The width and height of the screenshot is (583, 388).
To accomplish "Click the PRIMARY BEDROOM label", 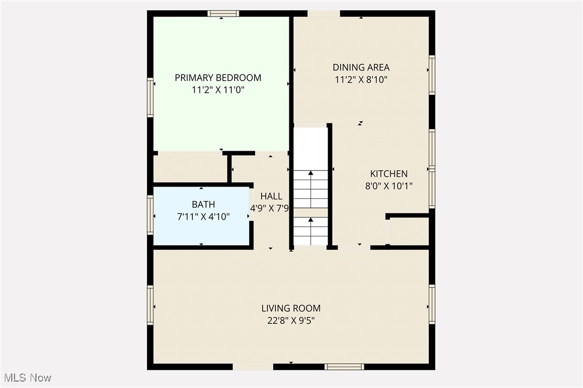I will pyautogui.click(x=218, y=78).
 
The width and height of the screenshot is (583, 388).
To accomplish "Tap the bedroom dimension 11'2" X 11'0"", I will pyautogui.click(x=218, y=91).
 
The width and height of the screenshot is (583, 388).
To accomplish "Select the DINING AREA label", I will pyautogui.click(x=361, y=68).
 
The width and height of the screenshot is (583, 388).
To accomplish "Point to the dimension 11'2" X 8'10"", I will pyautogui.click(x=361, y=80).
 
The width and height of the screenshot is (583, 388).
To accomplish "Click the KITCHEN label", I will pyautogui.click(x=389, y=174).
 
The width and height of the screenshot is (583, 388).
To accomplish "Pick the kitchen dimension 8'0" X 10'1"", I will pyautogui.click(x=389, y=186).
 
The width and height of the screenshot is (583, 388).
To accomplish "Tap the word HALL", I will pyautogui.click(x=271, y=196).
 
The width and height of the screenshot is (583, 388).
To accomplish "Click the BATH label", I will pyautogui.click(x=203, y=204).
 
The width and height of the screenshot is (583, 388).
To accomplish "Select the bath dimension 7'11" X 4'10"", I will pyautogui.click(x=203, y=217).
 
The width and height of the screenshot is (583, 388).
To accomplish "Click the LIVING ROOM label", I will pyautogui.click(x=291, y=308).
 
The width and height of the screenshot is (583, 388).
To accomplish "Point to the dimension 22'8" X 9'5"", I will pyautogui.click(x=291, y=321).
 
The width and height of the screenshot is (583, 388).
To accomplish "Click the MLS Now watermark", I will pyautogui.click(x=26, y=378).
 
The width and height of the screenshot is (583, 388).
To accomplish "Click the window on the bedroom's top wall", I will pyautogui.click(x=223, y=14).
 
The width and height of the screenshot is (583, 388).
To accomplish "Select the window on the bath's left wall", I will pyautogui.click(x=151, y=215).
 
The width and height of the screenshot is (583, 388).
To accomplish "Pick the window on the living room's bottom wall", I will pyautogui.click(x=344, y=367).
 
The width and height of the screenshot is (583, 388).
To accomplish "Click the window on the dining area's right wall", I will pyautogui.click(x=432, y=74).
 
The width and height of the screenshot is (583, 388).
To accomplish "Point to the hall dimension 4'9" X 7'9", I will pyautogui.click(x=270, y=208).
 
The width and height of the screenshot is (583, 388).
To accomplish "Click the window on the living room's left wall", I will pyautogui.click(x=151, y=305).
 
